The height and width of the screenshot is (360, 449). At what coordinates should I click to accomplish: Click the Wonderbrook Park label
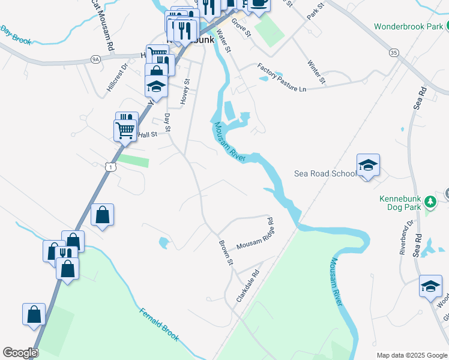409,26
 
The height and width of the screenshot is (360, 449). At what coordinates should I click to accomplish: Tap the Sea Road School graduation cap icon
368,165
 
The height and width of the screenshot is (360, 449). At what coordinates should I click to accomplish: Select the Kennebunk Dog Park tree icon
430,202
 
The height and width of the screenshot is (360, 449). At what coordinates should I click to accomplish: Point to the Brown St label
225,253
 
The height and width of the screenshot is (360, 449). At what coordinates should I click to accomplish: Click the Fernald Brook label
160,324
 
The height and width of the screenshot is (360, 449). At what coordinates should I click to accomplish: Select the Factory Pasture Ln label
282,77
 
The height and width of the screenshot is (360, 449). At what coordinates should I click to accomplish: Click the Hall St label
147,135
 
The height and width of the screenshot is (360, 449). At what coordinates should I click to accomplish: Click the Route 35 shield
394,53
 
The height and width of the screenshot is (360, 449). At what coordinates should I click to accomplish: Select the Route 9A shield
95,59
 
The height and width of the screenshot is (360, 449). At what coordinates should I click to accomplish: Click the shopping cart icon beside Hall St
125,130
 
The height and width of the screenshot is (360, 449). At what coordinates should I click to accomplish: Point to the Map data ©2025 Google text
411,355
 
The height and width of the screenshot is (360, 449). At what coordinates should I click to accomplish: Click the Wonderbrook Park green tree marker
447,26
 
